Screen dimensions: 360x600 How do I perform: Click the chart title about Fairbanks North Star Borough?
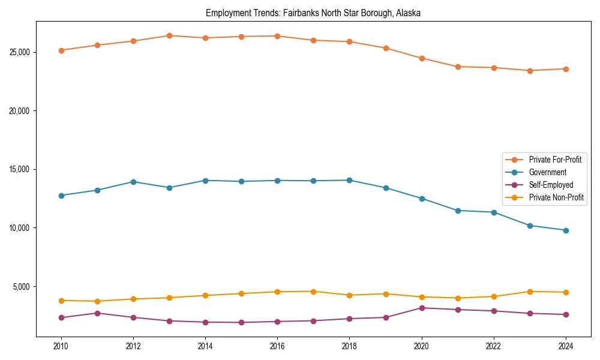(313, 13)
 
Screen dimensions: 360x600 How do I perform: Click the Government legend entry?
(547, 172)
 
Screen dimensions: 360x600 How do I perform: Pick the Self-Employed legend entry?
(551, 185)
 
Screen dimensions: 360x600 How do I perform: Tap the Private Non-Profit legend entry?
(556, 197)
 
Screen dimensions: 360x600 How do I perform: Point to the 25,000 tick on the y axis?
(21, 52)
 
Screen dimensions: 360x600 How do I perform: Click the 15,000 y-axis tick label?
(21, 169)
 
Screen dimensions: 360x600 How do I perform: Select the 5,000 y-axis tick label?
(23, 286)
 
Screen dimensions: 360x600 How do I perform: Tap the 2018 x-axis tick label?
(349, 346)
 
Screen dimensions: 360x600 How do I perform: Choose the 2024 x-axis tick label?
(566, 346)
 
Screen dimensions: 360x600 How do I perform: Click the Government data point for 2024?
(566, 230)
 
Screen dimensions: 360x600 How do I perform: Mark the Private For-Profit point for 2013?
(169, 35)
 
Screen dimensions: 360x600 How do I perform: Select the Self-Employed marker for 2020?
(422, 308)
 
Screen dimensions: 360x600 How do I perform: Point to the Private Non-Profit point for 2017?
(314, 292)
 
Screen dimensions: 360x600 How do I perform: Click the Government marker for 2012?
(133, 182)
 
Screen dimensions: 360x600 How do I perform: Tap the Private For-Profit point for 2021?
(458, 67)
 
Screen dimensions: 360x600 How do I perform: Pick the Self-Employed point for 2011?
(97, 313)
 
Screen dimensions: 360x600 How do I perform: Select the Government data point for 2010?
(61, 196)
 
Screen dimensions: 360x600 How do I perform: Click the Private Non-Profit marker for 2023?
(530, 292)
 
